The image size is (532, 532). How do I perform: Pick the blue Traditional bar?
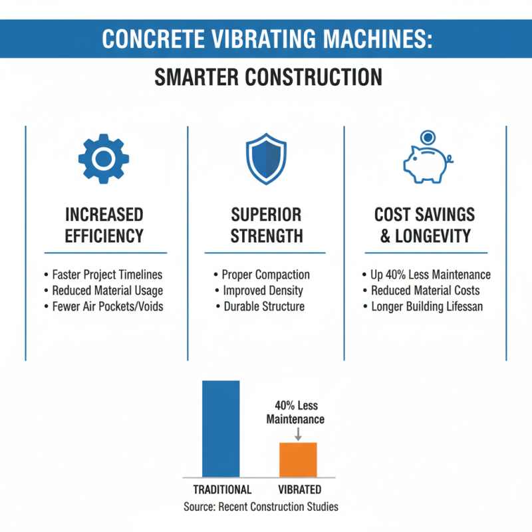click(x=221, y=428)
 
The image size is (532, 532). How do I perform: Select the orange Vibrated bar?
click(x=298, y=460)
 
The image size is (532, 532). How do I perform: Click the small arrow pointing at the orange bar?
click(x=298, y=434)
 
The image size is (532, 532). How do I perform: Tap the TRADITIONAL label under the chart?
click(x=222, y=490)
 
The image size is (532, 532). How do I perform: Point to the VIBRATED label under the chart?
click(x=299, y=490)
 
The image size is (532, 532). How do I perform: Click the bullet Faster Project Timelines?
click(x=107, y=275)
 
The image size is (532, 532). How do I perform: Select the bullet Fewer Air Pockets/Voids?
click(x=107, y=307)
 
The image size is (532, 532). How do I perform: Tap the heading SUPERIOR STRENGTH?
click(x=266, y=225)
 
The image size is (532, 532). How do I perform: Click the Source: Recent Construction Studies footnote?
click(x=261, y=507)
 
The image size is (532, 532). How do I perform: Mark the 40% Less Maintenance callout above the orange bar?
click(x=295, y=412)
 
